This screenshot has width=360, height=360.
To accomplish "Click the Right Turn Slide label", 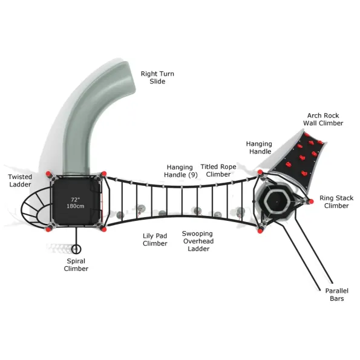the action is coord(157,77).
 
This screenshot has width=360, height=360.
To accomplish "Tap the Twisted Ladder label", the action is coord(20,181).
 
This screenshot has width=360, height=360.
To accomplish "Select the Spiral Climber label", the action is coord(76,265).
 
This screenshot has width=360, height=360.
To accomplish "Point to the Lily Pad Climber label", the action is coord(155,240).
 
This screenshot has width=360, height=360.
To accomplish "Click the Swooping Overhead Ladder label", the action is coord(198,241).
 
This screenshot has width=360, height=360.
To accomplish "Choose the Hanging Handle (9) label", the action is coord(180,171).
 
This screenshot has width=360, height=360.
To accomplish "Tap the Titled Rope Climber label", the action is coord(218,171).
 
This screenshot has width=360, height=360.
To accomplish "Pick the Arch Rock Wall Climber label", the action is coord(323,119).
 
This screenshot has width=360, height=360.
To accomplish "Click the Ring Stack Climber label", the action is coord(336,202).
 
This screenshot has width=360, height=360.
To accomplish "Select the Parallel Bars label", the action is coord(337,295).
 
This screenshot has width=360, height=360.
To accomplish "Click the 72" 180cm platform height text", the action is coord(75,203).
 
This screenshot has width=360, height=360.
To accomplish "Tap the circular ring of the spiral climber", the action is coord(76,249).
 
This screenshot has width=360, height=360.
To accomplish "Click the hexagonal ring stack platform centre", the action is coord(277,202).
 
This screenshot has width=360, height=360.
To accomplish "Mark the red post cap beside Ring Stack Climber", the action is coord(311,201).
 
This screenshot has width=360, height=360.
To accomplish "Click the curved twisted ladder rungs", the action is coord(36,208).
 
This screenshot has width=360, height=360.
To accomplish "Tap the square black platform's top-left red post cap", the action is coord(48,174).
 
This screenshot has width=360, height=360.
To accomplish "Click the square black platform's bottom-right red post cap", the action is coord(103,229).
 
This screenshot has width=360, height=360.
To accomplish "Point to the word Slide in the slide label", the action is coord(157,82).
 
